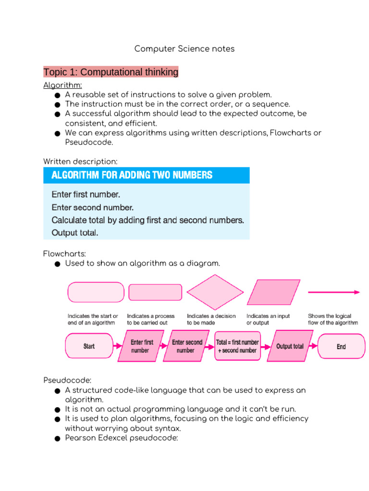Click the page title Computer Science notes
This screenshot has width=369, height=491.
(x=184, y=49)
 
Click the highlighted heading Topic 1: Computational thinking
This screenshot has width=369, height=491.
(x=111, y=72)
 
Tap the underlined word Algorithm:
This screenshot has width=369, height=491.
(x=62, y=85)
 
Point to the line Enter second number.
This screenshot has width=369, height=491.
(x=92, y=208)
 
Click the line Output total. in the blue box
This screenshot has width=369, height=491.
(x=74, y=233)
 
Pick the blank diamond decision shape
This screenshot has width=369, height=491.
(x=215, y=292)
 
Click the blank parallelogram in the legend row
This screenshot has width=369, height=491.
(x=273, y=292)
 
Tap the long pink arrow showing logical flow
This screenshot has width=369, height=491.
(x=333, y=292)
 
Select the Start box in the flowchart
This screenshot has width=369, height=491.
(x=89, y=346)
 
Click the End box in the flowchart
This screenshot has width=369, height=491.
(x=341, y=346)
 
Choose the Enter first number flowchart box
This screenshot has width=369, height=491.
(x=142, y=346)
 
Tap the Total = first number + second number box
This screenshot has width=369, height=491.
(x=237, y=346)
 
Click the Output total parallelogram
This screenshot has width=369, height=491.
(x=290, y=346)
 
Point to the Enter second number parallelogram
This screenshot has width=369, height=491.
(x=187, y=346)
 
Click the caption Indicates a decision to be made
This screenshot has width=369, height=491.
(x=211, y=319)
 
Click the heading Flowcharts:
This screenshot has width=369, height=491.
(x=64, y=254)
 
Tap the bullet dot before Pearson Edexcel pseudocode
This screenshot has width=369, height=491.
(x=57, y=438)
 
